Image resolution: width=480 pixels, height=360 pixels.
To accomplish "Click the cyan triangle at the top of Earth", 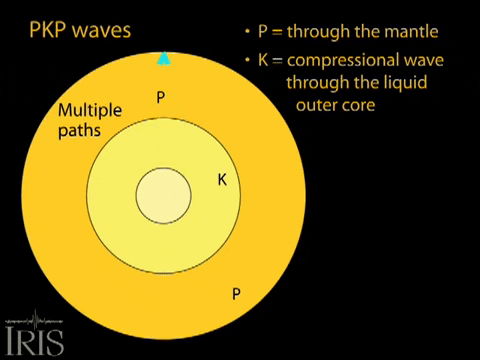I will point(164,58).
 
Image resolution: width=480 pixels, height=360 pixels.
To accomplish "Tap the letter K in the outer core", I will point(223,180).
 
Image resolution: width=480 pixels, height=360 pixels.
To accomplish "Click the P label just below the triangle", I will point(160,97).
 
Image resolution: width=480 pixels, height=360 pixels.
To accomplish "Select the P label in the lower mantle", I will point(236,294).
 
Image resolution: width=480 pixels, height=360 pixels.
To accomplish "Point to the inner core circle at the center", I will point(163,194).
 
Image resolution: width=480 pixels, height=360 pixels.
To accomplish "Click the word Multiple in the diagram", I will point(87,109).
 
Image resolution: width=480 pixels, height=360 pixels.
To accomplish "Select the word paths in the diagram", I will point(76,128).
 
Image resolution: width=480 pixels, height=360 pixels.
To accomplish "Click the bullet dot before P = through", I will point(247,30).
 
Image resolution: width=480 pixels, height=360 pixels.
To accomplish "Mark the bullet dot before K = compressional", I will point(247,62).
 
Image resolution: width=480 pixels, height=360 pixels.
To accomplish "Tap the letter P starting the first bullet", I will point(262,30).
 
